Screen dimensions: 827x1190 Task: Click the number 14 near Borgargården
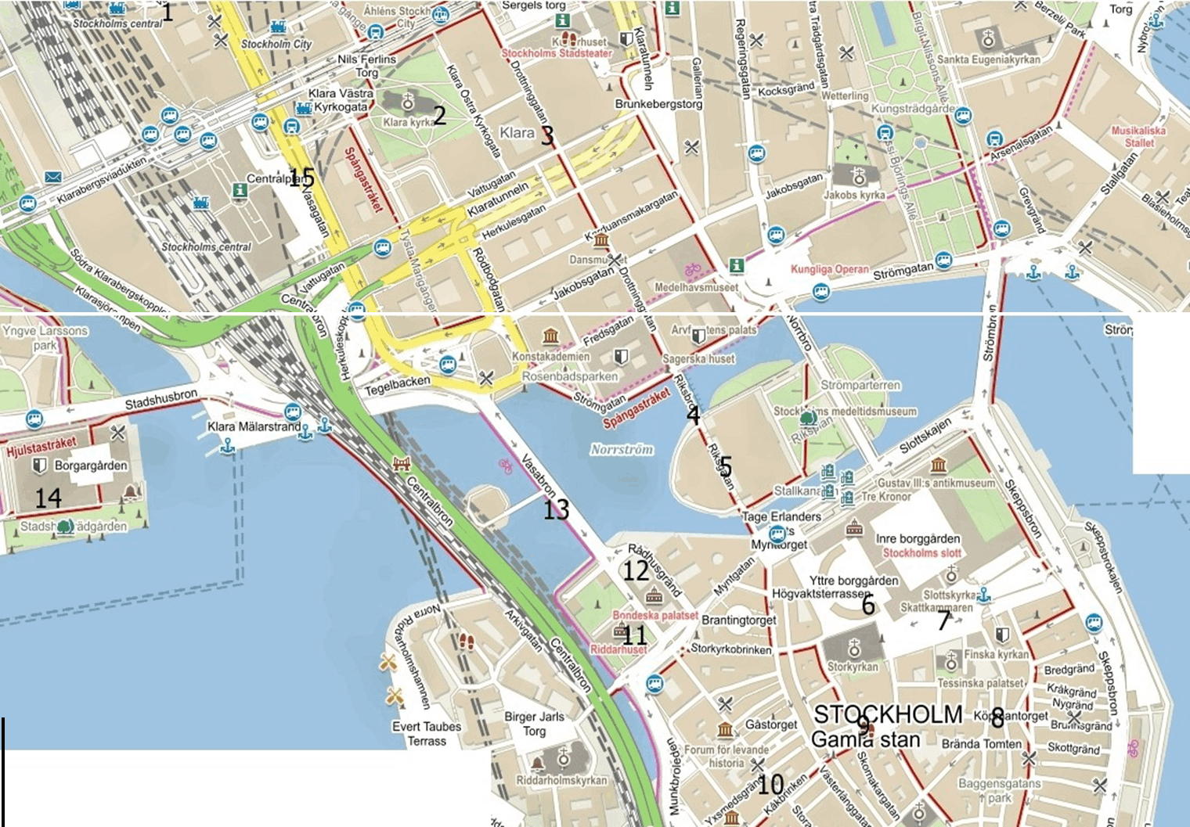pyautogui.click(x=49, y=498)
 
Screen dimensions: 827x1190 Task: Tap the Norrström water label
pyautogui.click(x=622, y=449)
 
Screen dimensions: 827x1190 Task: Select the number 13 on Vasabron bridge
pyautogui.click(x=556, y=510)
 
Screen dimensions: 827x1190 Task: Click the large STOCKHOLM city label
pyautogui.click(x=888, y=714)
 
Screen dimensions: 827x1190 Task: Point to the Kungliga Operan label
pyautogui.click(x=829, y=270)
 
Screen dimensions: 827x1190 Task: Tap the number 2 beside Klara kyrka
pyautogui.click(x=439, y=116)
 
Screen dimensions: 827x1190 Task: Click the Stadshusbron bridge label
pyautogui.click(x=161, y=400)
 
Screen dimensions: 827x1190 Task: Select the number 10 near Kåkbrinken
pyautogui.click(x=770, y=783)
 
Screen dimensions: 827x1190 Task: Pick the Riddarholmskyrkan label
pyautogui.click(x=561, y=780)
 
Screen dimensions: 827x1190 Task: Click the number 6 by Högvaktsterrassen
pyautogui.click(x=867, y=604)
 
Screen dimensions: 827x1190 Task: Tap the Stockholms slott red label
pyautogui.click(x=921, y=552)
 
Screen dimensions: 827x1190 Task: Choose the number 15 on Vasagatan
pyautogui.click(x=301, y=178)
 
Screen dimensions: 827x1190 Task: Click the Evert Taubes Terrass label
pyautogui.click(x=427, y=733)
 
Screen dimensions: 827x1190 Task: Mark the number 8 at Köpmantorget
pyautogui.click(x=997, y=715)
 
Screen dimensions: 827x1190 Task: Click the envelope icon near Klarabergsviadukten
pyautogui.click(x=52, y=177)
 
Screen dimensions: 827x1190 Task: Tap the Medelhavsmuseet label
pyautogui.click(x=697, y=287)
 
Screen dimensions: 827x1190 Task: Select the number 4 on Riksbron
pyautogui.click(x=693, y=415)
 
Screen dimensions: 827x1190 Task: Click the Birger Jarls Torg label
pyautogui.click(x=534, y=724)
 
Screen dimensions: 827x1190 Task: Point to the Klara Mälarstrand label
pyautogui.click(x=254, y=427)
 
